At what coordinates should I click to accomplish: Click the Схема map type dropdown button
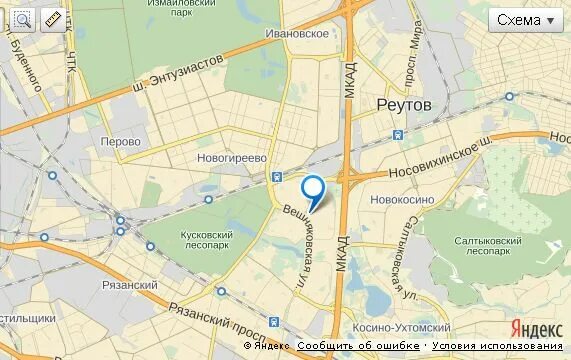(525, 20)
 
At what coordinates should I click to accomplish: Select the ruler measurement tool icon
(51, 18)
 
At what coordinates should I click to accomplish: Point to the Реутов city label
(404, 104)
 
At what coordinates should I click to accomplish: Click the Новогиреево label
(235, 158)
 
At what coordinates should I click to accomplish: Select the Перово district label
(121, 141)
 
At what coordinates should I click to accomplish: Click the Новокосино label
(401, 199)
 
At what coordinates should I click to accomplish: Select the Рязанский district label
(130, 285)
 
